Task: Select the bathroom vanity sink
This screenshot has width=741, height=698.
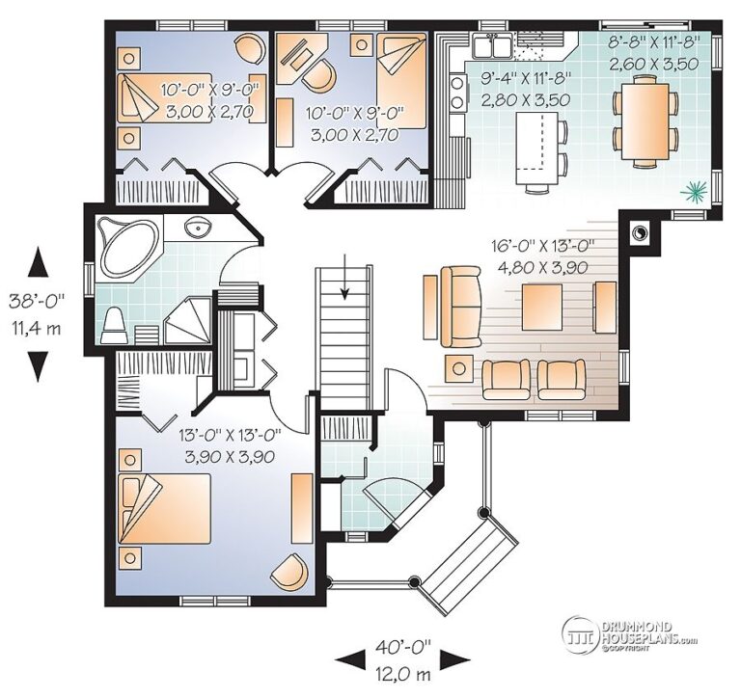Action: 199,228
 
